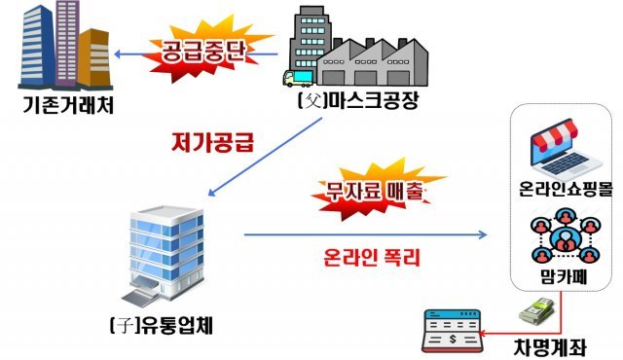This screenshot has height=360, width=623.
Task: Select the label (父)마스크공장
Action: [355, 99]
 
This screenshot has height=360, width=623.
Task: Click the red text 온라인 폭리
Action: [366, 260]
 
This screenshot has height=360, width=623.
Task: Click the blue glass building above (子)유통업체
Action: [156, 249]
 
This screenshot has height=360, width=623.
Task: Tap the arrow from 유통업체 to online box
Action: [365, 234]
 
